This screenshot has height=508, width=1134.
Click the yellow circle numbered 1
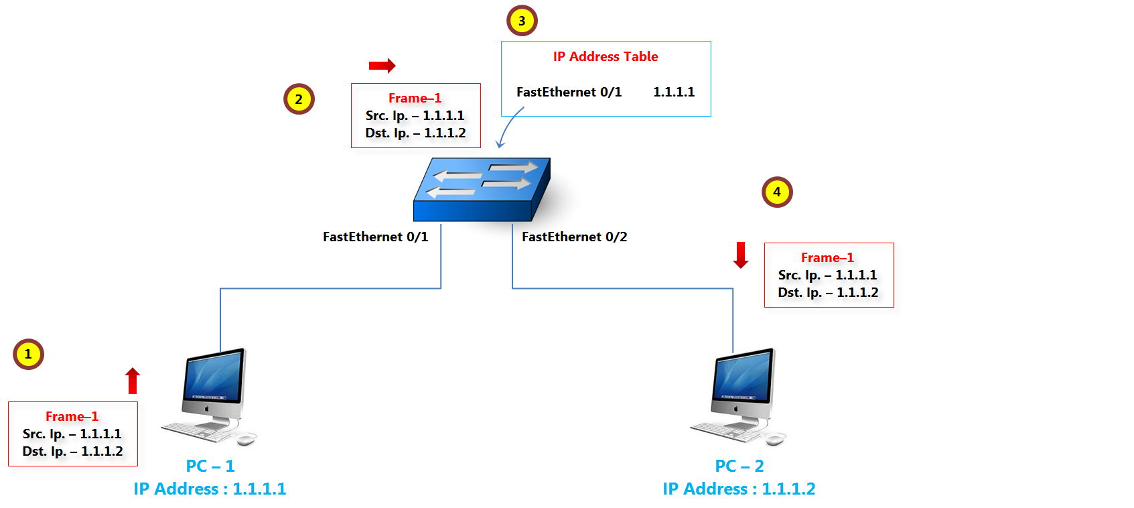[x=28, y=354]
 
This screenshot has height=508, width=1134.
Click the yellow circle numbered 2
[x=299, y=99]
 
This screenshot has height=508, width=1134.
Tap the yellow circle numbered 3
[x=522, y=21]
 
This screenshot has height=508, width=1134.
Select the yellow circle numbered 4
[x=777, y=192]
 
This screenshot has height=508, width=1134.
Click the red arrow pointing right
[x=382, y=65]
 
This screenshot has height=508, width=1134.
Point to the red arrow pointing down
[x=741, y=255]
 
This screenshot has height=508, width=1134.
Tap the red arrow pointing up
[x=133, y=381]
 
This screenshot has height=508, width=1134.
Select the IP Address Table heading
[x=606, y=57]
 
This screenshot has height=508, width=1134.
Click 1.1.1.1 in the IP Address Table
[x=674, y=92]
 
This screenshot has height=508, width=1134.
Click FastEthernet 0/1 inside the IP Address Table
[x=569, y=92]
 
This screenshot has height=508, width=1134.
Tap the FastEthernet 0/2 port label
[x=574, y=237]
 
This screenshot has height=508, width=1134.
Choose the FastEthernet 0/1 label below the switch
[x=375, y=237]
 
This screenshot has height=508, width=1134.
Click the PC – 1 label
[x=210, y=466]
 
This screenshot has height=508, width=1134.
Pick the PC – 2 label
[x=739, y=466]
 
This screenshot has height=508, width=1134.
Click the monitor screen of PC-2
[x=743, y=376]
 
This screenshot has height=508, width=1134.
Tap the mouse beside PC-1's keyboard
[x=246, y=439]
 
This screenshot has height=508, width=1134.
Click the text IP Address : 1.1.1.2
[x=739, y=489]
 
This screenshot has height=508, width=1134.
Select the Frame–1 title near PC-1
[x=72, y=416]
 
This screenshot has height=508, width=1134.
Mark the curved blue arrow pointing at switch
[x=510, y=127]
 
